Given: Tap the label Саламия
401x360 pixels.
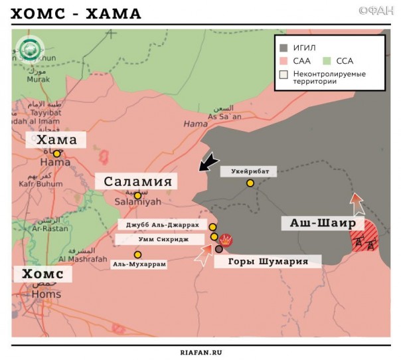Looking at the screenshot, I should click(x=137, y=181).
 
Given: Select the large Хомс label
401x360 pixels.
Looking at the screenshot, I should click(x=42, y=274).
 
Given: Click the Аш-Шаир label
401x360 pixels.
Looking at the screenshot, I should click(x=321, y=223).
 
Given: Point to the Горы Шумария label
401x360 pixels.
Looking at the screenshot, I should click(x=268, y=261).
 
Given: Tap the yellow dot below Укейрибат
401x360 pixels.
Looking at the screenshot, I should click(x=250, y=183).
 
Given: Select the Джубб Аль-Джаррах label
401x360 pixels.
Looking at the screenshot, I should click(x=162, y=226).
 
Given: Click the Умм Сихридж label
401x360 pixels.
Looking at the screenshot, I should click(x=162, y=238).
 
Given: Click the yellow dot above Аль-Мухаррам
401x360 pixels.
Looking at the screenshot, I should click(x=137, y=254).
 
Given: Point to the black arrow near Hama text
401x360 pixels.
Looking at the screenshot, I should click(x=208, y=161).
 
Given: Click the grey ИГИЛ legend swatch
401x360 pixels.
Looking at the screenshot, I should click(x=284, y=48).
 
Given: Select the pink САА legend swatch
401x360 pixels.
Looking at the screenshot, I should click(x=284, y=60).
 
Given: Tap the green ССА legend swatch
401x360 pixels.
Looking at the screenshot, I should click(x=328, y=60).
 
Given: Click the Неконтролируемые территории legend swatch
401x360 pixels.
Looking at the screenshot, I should click(x=284, y=74).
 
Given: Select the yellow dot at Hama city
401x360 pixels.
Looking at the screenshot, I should click(x=57, y=153).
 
